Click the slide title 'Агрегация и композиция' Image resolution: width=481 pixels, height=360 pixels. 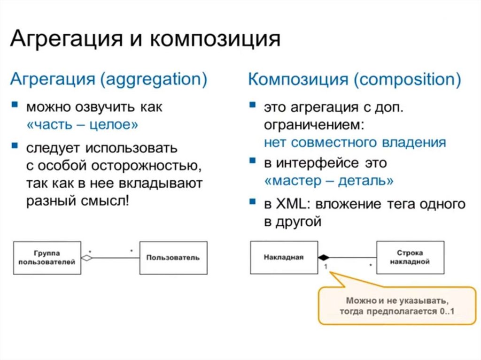pos(145,39)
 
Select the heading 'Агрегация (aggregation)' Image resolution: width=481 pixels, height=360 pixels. pos(109,79)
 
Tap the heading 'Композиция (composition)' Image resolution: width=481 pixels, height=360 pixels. pos(354,79)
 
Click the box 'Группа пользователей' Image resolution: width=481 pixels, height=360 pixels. pos(47,257)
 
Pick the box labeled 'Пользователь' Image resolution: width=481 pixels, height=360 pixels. pos(173,257)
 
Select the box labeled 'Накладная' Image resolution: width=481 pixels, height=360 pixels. pos(284,257)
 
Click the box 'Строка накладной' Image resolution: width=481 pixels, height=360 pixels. pos(410,257)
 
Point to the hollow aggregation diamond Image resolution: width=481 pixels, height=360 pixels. pos(87,258)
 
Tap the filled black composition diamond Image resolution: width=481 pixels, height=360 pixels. pos(324,257)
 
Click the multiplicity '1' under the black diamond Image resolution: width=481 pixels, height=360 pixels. pos(325,266)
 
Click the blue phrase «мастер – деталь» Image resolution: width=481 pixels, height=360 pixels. pos(328,181)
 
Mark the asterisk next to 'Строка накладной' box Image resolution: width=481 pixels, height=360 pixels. pos(371,266)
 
